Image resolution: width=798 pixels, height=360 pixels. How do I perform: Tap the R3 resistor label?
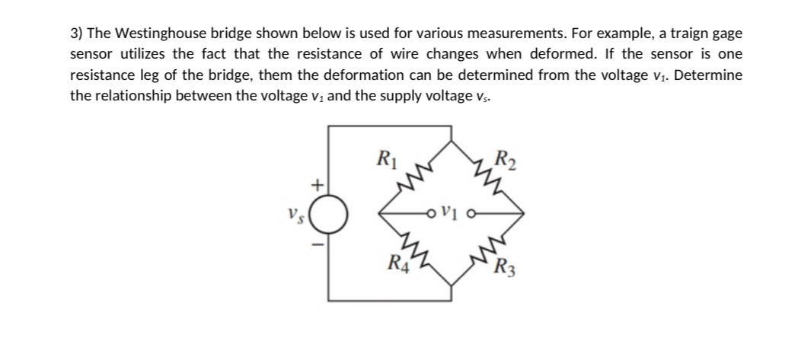[x=503, y=267]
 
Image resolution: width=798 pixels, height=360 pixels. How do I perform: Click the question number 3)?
[x=77, y=35]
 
